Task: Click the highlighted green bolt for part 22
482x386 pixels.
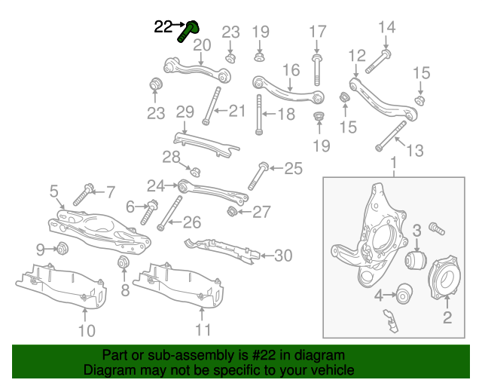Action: (x=188, y=32)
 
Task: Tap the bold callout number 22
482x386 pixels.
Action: (x=163, y=27)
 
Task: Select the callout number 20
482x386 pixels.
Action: (x=202, y=45)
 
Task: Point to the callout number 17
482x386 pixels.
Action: (x=318, y=32)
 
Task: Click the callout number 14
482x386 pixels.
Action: (x=386, y=28)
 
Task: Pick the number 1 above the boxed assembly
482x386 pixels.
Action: (x=392, y=163)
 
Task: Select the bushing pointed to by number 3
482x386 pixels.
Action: (x=416, y=261)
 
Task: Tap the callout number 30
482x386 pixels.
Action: (x=282, y=256)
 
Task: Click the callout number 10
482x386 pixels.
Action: (x=87, y=330)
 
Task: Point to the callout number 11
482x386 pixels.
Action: (x=203, y=330)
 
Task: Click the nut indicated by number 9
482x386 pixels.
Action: (x=63, y=249)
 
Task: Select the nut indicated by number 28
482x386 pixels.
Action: (x=194, y=170)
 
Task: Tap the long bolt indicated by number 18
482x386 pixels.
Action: (x=260, y=115)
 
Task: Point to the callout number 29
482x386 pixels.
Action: (x=185, y=112)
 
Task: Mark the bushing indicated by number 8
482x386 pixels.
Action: (x=124, y=262)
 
